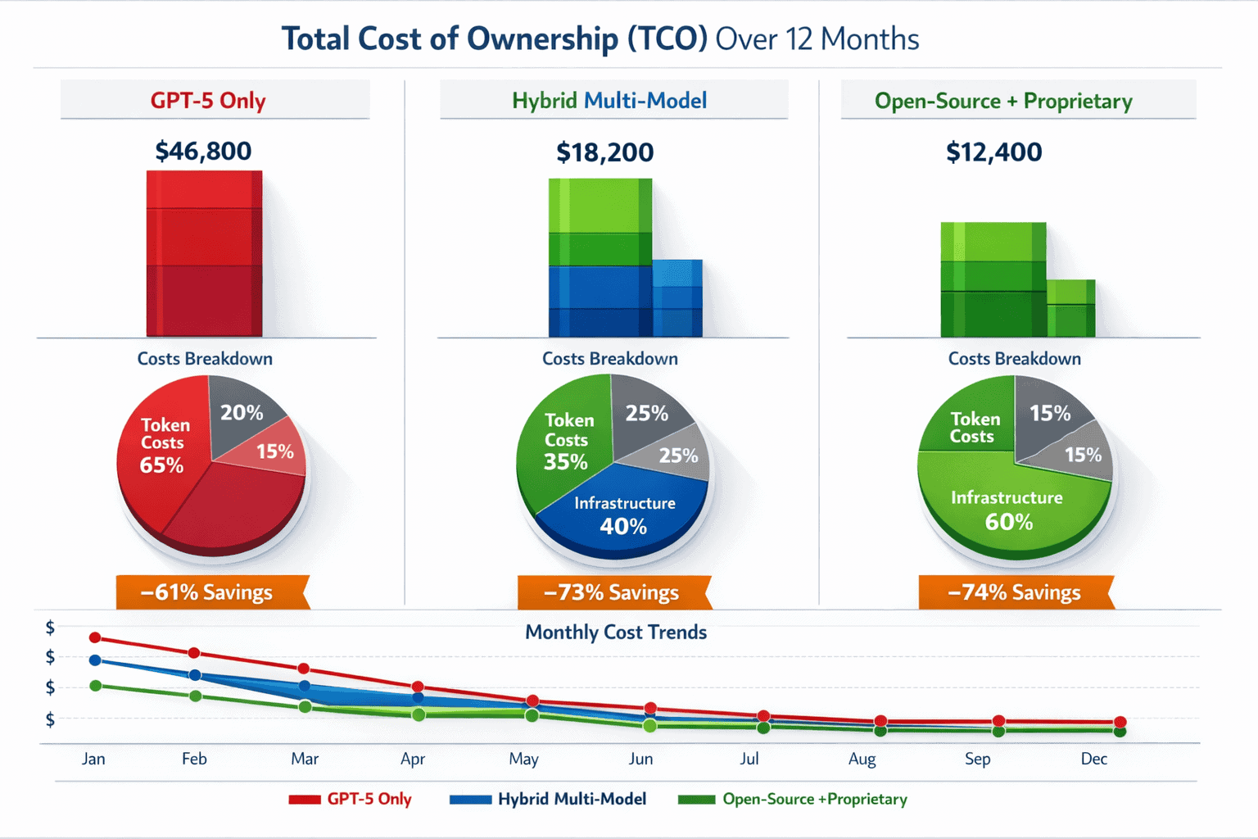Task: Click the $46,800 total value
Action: pyautogui.click(x=203, y=151)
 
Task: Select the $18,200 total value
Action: pyautogui.click(x=604, y=152)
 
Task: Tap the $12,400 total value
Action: pyautogui.click(x=993, y=152)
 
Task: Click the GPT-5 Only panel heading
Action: pyautogui.click(x=208, y=101)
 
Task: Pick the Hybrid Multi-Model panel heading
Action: pyautogui.click(x=609, y=101)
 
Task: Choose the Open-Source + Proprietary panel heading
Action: pyautogui.click(x=1003, y=101)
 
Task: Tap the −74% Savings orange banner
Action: pyautogui.click(x=1015, y=592)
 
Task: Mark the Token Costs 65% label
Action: pyautogui.click(x=164, y=445)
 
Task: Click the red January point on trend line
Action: pyautogui.click(x=95, y=637)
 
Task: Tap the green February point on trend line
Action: pyautogui.click(x=195, y=696)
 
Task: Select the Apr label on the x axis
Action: pyautogui.click(x=413, y=759)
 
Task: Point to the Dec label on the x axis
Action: pyautogui.click(x=1093, y=759)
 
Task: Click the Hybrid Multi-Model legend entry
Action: pyautogui.click(x=549, y=799)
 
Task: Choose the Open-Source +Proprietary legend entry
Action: pyautogui.click(x=793, y=799)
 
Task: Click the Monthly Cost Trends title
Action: pyautogui.click(x=616, y=633)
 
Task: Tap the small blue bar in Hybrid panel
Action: pyautogui.click(x=677, y=298)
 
